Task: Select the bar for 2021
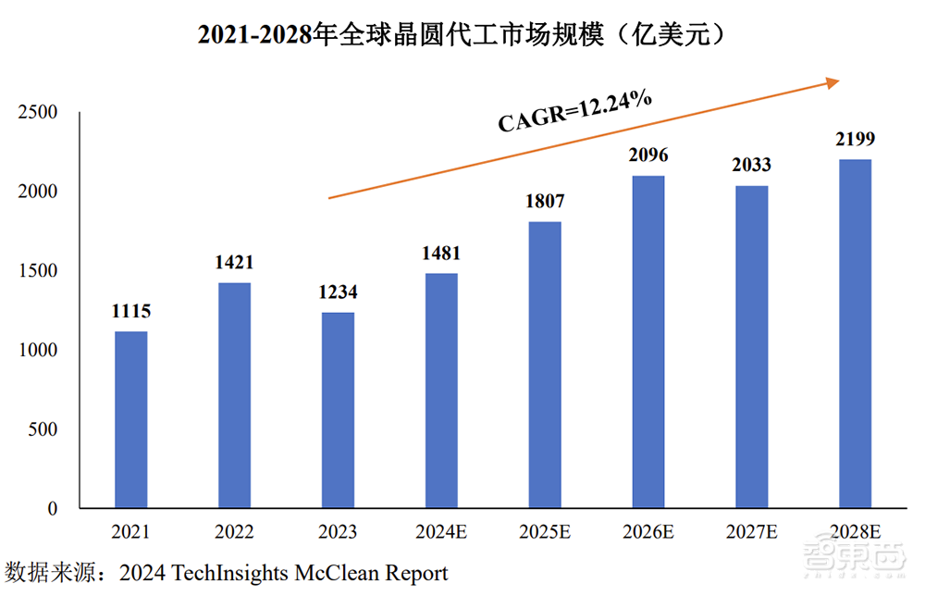coord(130,420)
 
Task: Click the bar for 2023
coord(338,411)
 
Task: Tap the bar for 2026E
coord(647,342)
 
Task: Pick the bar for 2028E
coord(855,334)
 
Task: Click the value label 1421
coord(234,263)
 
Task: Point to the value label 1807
coord(545,202)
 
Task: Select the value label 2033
coord(751,166)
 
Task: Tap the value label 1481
coord(441,254)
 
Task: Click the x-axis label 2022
coord(234,533)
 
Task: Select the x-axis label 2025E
coord(545,533)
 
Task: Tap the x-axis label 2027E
coord(751,533)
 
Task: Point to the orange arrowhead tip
coord(838,81)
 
